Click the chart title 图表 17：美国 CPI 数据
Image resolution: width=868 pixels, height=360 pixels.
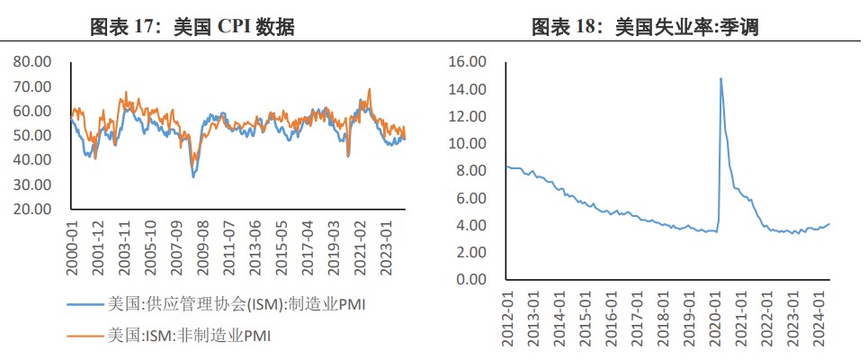[192, 28]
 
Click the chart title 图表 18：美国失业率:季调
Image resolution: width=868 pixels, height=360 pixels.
[645, 28]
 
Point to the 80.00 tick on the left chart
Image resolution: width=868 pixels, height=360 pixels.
[32, 62]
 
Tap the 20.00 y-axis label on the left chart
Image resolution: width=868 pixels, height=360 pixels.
[32, 209]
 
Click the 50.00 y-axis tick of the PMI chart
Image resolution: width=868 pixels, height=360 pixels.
[32, 135]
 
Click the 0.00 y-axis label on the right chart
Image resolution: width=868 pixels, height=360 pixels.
[471, 279]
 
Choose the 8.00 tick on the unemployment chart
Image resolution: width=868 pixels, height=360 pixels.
[471, 171]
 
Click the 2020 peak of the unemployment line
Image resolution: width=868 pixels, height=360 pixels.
[720, 79]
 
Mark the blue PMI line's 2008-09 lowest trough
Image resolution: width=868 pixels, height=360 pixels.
[193, 176]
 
